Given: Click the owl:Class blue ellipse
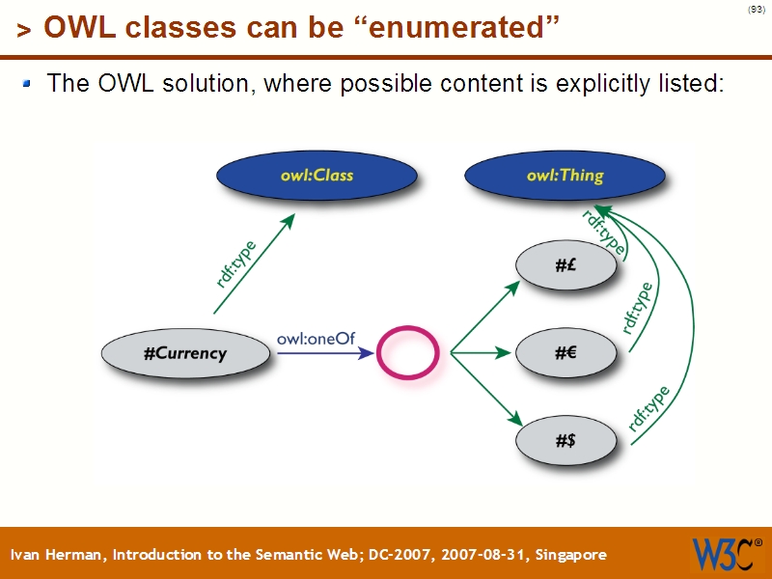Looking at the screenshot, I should coord(317,176).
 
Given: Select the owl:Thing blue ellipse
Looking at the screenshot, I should coord(565,176).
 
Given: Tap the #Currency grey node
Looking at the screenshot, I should coord(185,353).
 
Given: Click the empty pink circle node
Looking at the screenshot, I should coord(406,353).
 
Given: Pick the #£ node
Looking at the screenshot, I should coord(565,267).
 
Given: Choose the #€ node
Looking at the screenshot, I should coord(565,354).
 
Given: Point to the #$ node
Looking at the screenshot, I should coord(565,441).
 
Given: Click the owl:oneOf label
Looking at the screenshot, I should coord(310,339).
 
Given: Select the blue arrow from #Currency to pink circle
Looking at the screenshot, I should coord(323,354).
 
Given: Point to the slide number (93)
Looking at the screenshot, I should coord(756,10).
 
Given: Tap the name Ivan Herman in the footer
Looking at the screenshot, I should coord(58,555).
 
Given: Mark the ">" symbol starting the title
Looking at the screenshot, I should coord(24,31).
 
